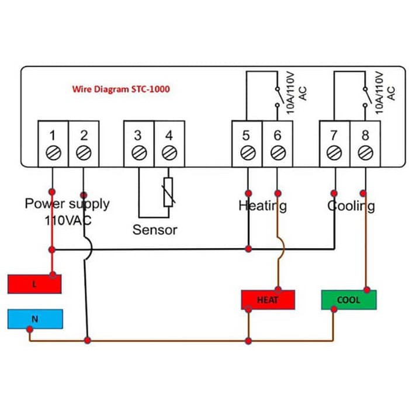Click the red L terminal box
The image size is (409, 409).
click(34, 284)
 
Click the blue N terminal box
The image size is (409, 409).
click(34, 319)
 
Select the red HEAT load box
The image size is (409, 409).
click(268, 300)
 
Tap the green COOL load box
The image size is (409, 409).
click(349, 300)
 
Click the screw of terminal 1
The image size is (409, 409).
click(53, 153)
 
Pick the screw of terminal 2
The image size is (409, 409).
click(84, 153)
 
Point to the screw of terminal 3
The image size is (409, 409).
click(138, 153)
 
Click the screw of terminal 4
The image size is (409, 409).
click(169, 153)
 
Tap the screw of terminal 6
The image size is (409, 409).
click(278, 153)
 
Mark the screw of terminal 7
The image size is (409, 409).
click(334, 153)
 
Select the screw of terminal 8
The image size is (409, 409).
click(365, 153)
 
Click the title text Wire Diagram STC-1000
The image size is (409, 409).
click(121, 89)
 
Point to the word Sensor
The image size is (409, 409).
click(154, 230)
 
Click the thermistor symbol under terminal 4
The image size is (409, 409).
click(169, 192)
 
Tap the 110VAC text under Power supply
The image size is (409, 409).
click(68, 221)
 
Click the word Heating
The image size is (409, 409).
click(262, 206)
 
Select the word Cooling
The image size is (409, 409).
click(351, 206)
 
